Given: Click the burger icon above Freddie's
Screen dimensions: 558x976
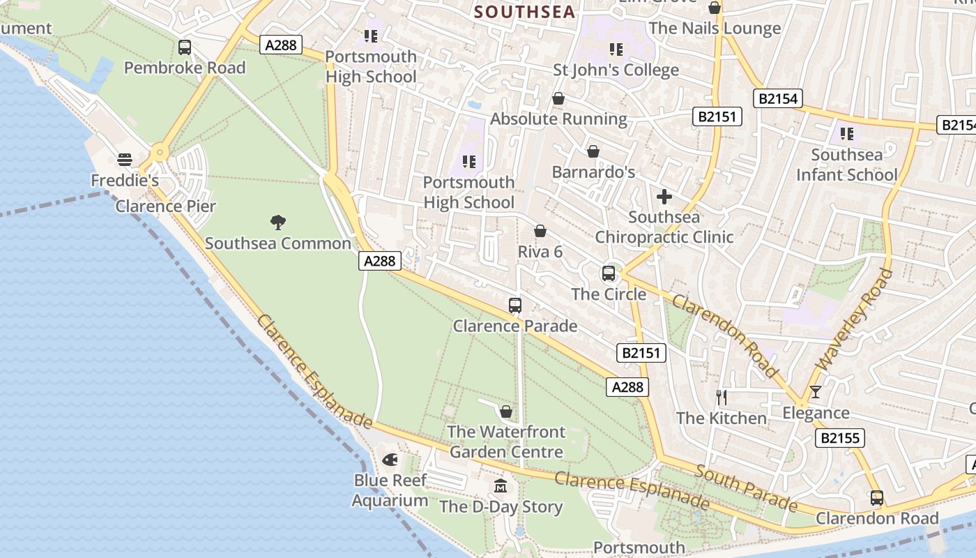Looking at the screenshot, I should pos(125,160).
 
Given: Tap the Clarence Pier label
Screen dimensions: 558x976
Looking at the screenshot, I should pos(166,206).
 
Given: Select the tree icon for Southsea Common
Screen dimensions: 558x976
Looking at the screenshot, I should pos(278,223).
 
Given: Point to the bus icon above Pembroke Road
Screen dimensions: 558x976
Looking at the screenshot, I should pos(185,47).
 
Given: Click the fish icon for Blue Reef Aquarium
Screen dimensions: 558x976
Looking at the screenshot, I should pos(390,460).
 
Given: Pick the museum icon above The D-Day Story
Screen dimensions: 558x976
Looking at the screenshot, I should pos(501,485).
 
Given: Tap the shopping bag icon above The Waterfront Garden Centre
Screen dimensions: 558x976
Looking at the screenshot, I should pos(506,411).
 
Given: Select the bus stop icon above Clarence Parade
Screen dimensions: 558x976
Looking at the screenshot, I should pos(515,305).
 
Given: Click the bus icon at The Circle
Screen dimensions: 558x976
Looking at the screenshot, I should pos(609,273).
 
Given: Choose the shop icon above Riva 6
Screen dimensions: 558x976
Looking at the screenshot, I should pos(540,231).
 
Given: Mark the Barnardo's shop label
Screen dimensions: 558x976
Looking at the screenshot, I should pos(593,172).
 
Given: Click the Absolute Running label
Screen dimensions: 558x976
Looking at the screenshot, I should pos(558,119).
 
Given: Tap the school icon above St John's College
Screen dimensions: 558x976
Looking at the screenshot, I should pos(616,49).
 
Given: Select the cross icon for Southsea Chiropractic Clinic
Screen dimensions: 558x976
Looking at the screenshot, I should pos(664,196).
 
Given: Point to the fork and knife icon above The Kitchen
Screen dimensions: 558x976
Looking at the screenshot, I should pos(722,397).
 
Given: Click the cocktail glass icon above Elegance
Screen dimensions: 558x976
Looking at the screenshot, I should pos(816,392).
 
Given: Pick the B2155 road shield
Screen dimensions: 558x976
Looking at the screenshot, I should pos(840,438).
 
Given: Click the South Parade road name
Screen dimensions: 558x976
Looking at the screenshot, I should pos(746,489).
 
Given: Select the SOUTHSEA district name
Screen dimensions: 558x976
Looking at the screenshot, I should pos(525,12).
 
